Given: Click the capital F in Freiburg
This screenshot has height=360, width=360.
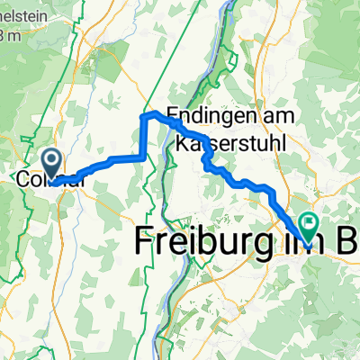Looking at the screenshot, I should (x=145, y=241).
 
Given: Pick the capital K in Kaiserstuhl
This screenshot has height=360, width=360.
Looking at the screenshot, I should (x=183, y=144).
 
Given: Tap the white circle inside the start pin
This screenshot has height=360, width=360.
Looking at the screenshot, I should (x=53, y=161).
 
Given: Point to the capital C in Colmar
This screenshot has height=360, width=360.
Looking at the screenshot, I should (x=23, y=182).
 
